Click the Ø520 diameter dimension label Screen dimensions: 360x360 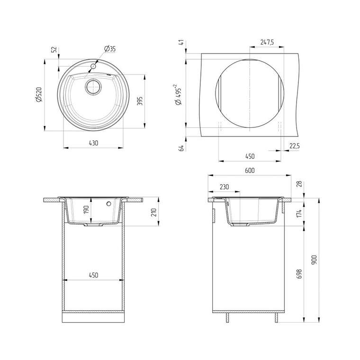pyautogui.click(x=39, y=94)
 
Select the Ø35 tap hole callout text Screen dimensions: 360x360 pyautogui.click(x=110, y=49)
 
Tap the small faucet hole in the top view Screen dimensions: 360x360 pyautogui.click(x=93, y=66)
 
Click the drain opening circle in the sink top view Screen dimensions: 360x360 pyautogui.click(x=93, y=87)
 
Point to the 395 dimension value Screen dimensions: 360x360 pyautogui.click(x=140, y=101)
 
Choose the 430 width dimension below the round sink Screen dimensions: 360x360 pyautogui.click(x=93, y=143)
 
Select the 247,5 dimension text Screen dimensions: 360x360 pyautogui.click(x=267, y=42)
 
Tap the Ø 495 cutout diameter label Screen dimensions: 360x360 pyautogui.click(x=179, y=95)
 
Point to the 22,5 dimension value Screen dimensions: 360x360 pyautogui.click(x=294, y=146)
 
